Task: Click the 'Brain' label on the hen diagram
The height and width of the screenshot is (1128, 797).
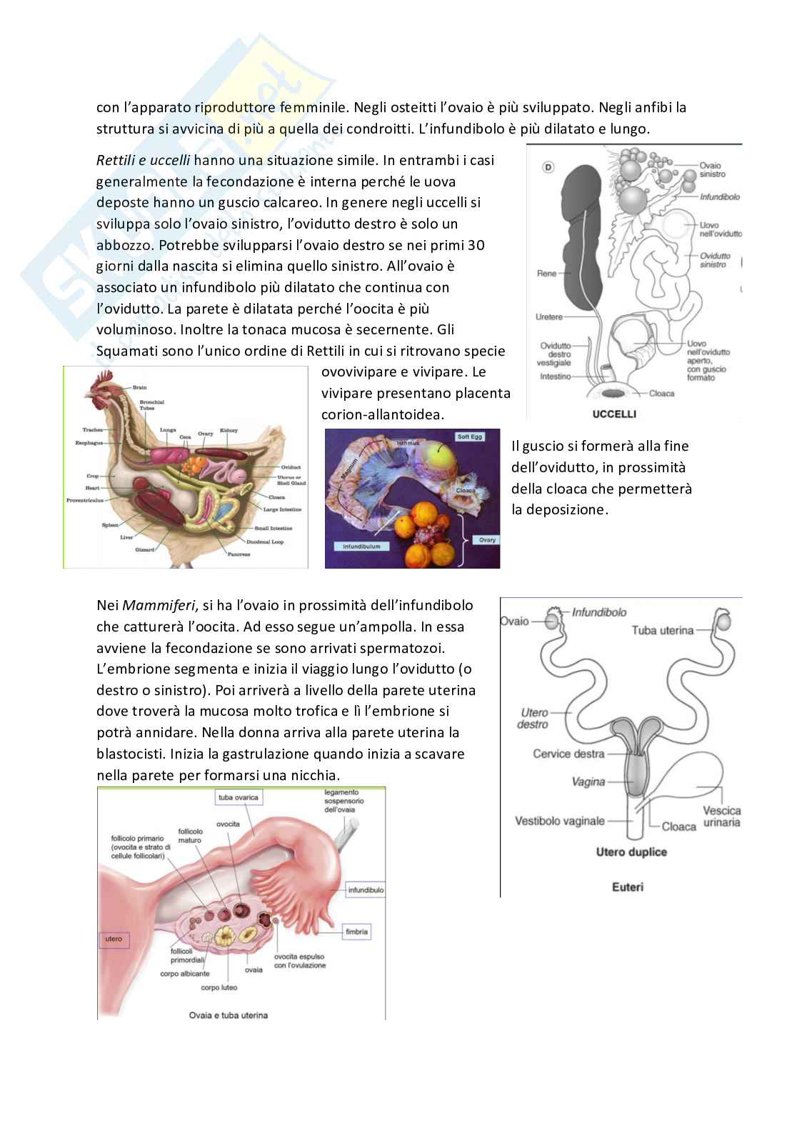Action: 139,387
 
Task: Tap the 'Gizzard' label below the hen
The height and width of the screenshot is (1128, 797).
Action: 144,549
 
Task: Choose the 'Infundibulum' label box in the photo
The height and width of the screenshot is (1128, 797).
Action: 362,546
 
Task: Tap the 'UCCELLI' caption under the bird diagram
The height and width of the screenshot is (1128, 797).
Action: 614,414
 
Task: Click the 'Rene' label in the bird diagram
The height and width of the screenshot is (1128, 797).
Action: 546,274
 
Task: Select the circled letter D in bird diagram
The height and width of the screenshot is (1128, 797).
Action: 548,167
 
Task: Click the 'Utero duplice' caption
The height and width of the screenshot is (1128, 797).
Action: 631,852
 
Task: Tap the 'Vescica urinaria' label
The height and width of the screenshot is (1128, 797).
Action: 721,817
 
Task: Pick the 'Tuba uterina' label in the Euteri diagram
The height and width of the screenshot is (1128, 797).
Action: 662,630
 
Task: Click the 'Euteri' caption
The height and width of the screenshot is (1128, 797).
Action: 628,887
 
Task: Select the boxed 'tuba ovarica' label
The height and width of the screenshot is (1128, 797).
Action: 238,797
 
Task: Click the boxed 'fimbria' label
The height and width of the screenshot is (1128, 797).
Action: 356,932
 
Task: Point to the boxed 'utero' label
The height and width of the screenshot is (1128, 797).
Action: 114,939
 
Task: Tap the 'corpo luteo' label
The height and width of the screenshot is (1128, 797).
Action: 219,987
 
